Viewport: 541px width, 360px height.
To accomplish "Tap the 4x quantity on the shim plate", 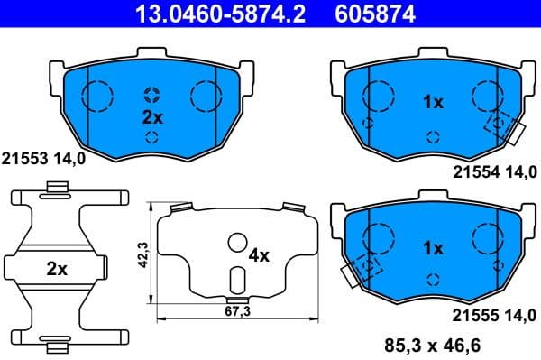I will [x=259, y=255].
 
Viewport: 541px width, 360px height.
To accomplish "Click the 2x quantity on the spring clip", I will [x=57, y=268].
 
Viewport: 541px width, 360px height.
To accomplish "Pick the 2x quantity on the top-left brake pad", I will [x=151, y=116].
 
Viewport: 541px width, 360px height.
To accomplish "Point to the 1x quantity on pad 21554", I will [x=433, y=103].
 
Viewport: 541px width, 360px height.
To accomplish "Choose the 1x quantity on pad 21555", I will [x=433, y=246].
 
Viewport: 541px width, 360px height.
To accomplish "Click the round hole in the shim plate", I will [x=237, y=242].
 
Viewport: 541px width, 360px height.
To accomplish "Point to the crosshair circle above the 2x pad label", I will [x=151, y=95].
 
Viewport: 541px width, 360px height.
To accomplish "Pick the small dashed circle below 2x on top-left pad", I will [x=151, y=138].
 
